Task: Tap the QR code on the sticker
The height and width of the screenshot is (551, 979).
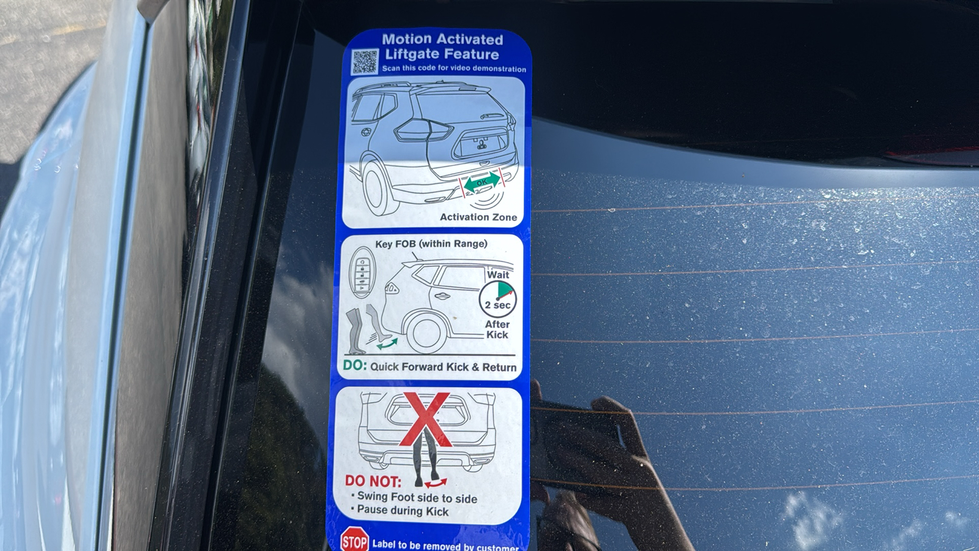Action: (365, 62)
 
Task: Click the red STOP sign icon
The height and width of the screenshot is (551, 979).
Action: (354, 539)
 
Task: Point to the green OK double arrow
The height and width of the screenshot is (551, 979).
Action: (482, 182)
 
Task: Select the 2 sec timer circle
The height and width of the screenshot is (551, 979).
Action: (497, 299)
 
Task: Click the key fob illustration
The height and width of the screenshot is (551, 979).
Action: (362, 273)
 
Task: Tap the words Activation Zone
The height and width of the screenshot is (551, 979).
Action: (478, 217)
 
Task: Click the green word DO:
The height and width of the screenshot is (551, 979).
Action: (355, 365)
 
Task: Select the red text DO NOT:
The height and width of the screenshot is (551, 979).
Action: (373, 481)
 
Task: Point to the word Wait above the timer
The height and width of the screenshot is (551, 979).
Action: (498, 275)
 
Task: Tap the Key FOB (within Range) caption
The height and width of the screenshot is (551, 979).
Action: (431, 244)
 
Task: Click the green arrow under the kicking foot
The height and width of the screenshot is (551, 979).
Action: (387, 343)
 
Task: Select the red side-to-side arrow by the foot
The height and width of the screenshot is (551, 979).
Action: (436, 483)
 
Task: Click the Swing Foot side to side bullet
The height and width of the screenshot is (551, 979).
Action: (414, 497)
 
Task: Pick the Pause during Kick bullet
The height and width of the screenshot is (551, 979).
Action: (400, 511)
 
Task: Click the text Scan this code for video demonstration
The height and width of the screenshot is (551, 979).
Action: (454, 69)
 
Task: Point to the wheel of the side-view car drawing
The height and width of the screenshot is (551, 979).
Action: (425, 333)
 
